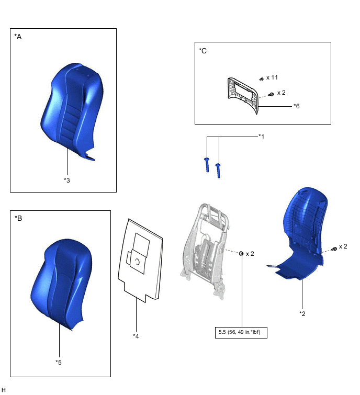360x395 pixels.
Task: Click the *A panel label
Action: [x=18, y=37]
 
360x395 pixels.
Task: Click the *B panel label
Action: [x=18, y=218]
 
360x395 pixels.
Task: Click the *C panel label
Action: [x=203, y=51]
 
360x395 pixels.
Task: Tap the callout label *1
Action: [x=262, y=136]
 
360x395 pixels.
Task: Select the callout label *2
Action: [x=302, y=313]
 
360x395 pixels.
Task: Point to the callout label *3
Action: [x=66, y=180]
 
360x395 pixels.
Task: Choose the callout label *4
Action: [x=136, y=335]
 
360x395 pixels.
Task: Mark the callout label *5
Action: [x=59, y=362]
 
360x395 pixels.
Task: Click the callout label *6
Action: [x=296, y=106]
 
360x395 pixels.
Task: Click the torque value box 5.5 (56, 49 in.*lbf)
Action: [x=241, y=332]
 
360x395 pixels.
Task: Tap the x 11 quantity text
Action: [x=272, y=77]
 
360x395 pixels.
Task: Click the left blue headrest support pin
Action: [x=208, y=164]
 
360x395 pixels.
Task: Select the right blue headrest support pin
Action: [x=218, y=170]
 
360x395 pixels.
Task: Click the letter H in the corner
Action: [x=4, y=390]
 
